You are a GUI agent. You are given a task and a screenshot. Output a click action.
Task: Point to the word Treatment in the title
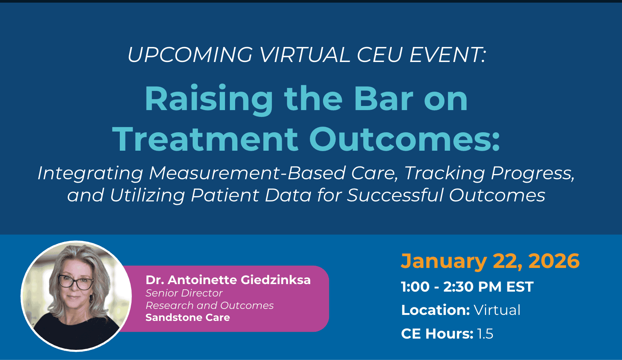point(205,139)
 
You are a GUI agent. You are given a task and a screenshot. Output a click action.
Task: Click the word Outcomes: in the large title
point(405,139)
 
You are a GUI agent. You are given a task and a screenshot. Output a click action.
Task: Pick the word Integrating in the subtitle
point(91,174)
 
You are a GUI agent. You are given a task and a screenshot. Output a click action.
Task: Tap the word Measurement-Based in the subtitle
point(248,173)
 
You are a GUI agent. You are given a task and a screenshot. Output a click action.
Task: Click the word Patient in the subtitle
point(225,195)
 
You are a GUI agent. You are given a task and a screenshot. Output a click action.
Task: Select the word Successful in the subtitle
point(396,195)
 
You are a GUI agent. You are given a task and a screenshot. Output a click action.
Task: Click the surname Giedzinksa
point(275,280)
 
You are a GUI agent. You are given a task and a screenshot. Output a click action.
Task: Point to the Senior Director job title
point(184,293)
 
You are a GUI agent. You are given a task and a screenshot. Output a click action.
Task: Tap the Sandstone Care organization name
point(188,318)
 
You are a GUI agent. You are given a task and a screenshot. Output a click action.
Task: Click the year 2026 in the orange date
point(554,261)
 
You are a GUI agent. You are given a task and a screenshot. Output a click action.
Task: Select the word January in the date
point(444,262)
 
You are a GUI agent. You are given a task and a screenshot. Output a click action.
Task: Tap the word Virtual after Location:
point(497,310)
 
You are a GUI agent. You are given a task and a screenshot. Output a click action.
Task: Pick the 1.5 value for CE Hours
point(485,334)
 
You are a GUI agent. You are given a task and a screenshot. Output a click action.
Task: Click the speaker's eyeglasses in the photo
point(76,282)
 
